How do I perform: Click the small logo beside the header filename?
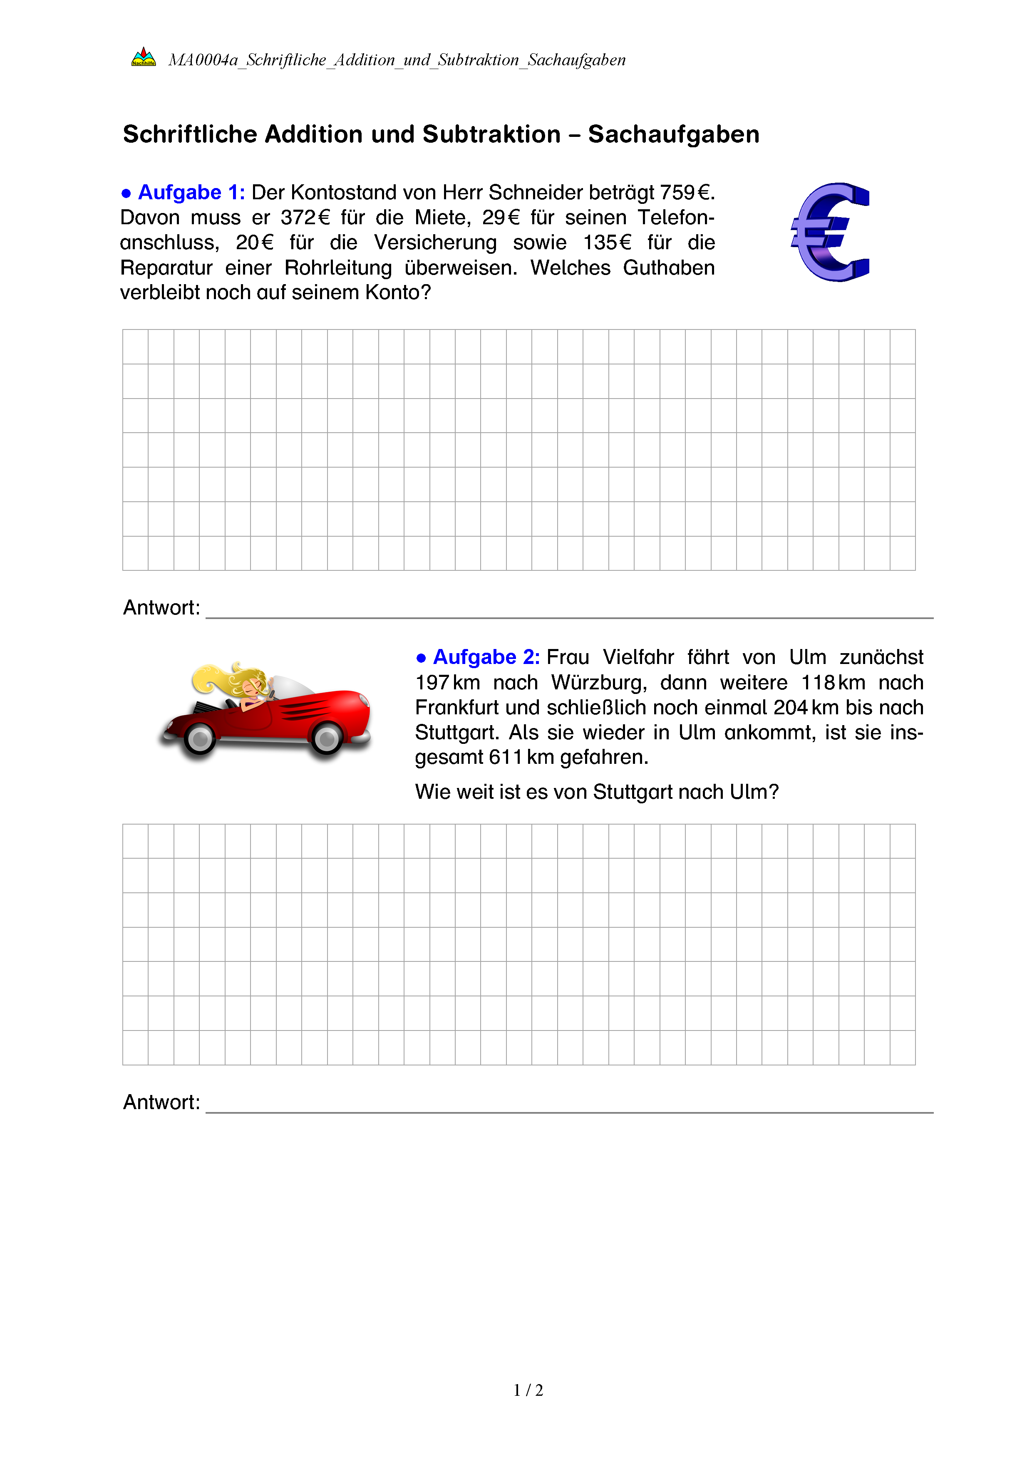144,58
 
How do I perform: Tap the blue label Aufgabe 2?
486,657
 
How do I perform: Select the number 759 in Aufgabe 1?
677,193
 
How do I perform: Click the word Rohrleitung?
338,268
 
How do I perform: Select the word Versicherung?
435,243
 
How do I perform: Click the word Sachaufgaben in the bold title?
674,135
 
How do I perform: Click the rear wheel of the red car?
200,738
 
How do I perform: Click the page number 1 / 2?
528,1390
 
